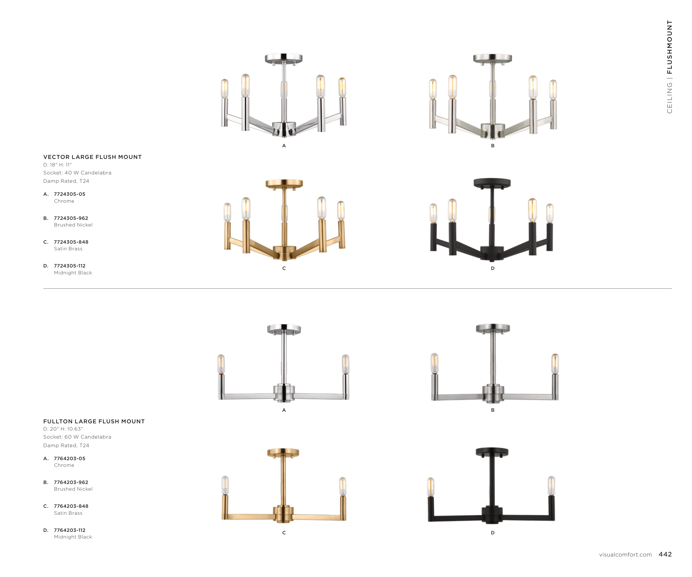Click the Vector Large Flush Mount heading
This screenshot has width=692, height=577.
tap(92, 157)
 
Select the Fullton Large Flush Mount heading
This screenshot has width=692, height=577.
tap(94, 421)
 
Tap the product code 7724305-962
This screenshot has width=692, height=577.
tap(71, 218)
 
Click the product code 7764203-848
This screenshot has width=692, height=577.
tap(71, 506)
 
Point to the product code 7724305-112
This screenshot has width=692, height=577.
tap(69, 266)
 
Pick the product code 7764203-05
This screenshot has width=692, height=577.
tap(69, 459)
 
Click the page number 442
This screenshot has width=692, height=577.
tap(665, 554)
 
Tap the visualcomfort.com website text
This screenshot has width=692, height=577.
tap(625, 555)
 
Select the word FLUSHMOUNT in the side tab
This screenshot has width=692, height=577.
tap(669, 47)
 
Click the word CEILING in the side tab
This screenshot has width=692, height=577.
tap(669, 97)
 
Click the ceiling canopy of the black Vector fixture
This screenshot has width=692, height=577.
tap(492, 183)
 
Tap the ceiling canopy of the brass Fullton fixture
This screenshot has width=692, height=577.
tap(283, 452)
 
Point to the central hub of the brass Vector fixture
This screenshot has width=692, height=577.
tap(284, 252)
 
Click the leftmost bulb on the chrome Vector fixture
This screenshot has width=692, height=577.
tap(224, 88)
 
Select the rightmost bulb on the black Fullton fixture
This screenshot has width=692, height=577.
tap(551, 485)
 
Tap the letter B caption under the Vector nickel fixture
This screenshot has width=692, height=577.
tap(493, 146)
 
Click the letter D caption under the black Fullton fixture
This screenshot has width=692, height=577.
tap(493, 532)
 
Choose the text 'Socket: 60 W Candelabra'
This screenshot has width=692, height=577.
tap(77, 437)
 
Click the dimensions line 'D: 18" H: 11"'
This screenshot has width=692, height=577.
tap(57, 165)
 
